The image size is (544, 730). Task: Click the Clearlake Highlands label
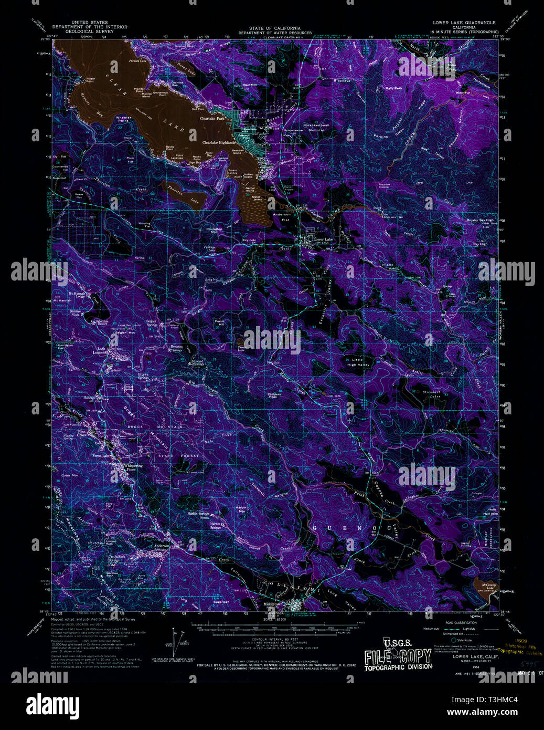click(219, 142)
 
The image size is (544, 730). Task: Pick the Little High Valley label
click(358, 362)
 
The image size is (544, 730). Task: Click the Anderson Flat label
click(282, 217)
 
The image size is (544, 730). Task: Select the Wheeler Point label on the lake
click(123, 119)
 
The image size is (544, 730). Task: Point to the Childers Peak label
click(274, 395)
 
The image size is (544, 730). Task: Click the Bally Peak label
click(393, 88)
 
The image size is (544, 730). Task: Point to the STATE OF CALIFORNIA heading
click(275, 28)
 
